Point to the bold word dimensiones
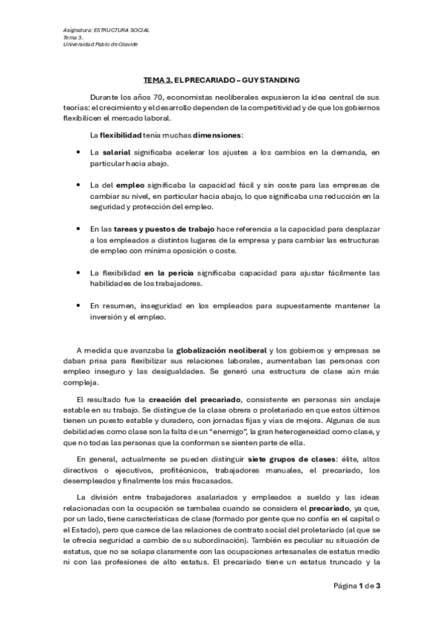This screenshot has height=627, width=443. (x=211, y=135)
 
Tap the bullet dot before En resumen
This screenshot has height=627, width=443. (x=79, y=305)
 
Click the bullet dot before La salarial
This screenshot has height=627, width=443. (x=79, y=152)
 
